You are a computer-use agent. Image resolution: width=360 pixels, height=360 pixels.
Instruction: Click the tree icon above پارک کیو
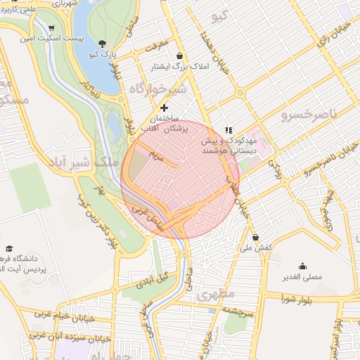(103, 43)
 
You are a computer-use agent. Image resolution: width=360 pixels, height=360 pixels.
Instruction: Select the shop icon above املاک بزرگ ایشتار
(179, 56)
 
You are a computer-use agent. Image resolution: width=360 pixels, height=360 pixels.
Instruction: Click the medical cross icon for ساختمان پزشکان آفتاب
(165, 108)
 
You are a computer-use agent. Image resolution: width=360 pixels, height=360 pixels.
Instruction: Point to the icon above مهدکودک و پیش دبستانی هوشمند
(228, 129)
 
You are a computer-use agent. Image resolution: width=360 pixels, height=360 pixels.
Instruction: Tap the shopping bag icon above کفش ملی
(255, 237)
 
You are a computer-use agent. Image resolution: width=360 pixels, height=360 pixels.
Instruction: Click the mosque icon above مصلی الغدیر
(302, 266)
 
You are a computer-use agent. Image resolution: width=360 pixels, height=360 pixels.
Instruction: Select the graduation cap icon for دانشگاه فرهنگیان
(10, 248)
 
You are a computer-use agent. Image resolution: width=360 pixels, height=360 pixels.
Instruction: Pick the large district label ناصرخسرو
(309, 113)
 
